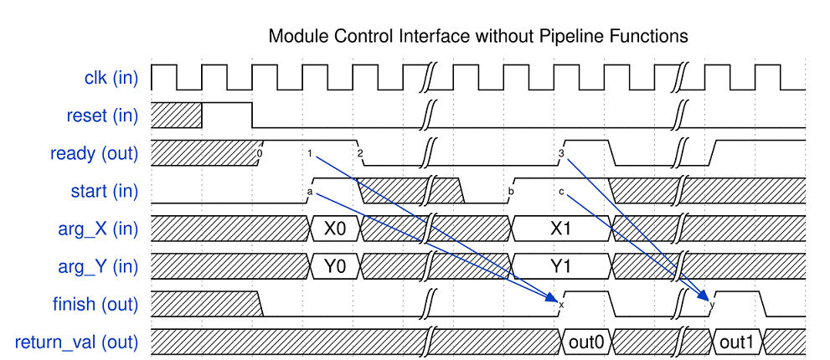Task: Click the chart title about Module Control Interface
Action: tap(477, 37)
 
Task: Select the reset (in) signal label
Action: tap(102, 116)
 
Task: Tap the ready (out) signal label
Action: tap(94, 153)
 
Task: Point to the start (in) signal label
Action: tap(105, 192)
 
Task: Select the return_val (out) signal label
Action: tap(77, 342)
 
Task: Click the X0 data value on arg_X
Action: tap(335, 229)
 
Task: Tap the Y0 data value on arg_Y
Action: tap(335, 267)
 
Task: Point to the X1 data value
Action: tap(560, 229)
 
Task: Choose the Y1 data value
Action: tap(560, 267)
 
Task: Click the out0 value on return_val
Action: tap(585, 342)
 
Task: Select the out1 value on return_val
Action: tap(737, 342)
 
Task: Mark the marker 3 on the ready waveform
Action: tap(560, 153)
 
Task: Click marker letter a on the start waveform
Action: tap(310, 193)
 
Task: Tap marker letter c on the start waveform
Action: tap(561, 193)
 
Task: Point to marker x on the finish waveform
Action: tap(560, 306)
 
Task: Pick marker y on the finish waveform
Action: tap(712, 306)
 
